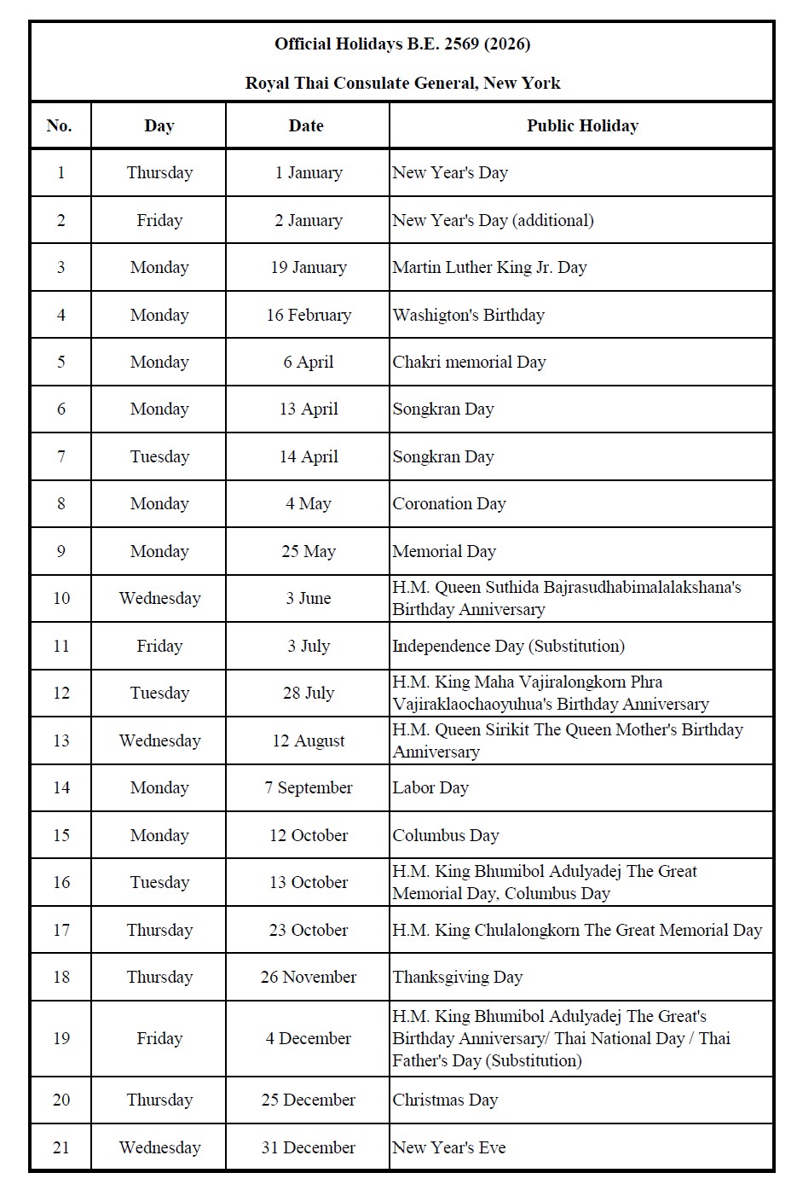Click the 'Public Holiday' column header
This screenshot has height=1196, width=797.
(x=582, y=125)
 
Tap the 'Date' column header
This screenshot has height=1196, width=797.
(x=306, y=125)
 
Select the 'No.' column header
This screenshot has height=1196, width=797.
(x=59, y=125)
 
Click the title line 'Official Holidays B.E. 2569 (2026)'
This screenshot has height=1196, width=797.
(x=402, y=44)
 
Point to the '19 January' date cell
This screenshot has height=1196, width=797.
(x=309, y=267)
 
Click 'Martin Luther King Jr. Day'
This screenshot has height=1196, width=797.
(x=489, y=267)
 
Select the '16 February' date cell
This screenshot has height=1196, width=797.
(x=309, y=315)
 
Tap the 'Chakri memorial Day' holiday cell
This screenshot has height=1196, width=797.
(x=469, y=362)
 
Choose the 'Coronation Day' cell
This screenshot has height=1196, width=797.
(x=449, y=503)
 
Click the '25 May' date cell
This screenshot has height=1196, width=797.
(x=309, y=551)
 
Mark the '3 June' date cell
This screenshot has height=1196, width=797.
(x=309, y=598)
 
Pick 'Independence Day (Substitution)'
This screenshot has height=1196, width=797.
(x=508, y=646)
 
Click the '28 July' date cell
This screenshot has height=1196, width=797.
(x=309, y=693)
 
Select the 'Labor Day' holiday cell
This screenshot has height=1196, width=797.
(x=430, y=787)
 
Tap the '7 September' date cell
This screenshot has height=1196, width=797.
(x=309, y=787)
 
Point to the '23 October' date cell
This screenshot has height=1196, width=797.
(x=309, y=930)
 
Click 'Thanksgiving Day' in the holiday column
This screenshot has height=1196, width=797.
(x=458, y=977)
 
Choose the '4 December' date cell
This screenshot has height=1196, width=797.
(x=309, y=1038)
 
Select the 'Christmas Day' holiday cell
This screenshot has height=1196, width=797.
(x=445, y=1100)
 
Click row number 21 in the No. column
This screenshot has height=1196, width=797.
(x=61, y=1147)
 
